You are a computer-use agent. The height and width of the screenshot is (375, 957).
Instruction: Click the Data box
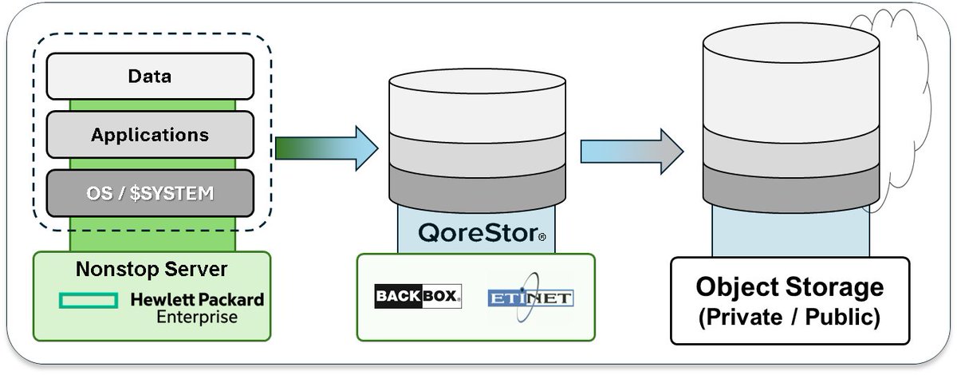[x=151, y=77]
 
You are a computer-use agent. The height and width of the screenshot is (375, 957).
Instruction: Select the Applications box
[x=151, y=135]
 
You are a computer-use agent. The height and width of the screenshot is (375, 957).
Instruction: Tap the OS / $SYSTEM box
[x=151, y=193]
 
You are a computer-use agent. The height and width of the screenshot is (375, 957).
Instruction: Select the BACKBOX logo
[x=418, y=297]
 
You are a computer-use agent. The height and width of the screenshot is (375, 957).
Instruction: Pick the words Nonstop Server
[x=152, y=270]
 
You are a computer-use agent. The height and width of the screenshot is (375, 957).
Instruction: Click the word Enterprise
[x=196, y=317]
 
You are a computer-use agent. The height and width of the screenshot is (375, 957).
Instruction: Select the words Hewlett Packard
[x=196, y=300]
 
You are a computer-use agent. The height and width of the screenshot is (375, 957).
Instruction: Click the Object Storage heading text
[x=790, y=286]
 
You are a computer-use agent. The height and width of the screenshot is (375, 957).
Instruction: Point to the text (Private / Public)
[x=790, y=317]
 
